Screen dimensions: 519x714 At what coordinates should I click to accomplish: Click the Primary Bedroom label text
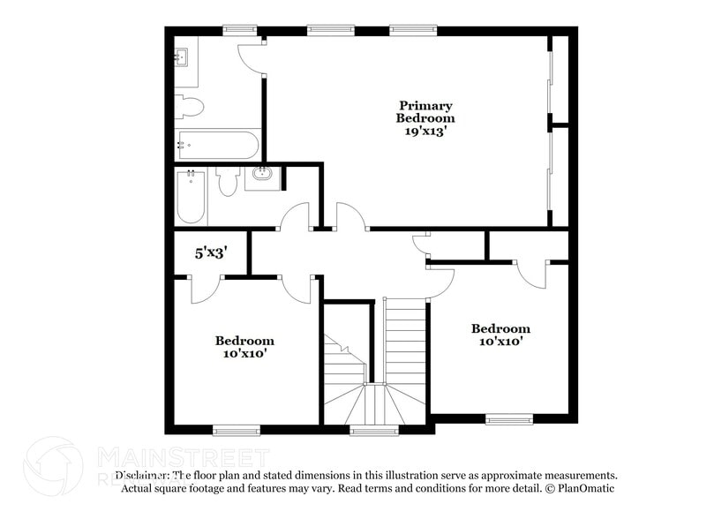pyautogui.click(x=425, y=112)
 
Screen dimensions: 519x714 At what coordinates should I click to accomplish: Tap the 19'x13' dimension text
pyautogui.click(x=425, y=130)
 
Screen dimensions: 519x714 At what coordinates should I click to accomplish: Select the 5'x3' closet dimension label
pyautogui.click(x=212, y=252)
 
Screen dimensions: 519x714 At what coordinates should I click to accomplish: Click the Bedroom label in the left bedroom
pyautogui.click(x=244, y=340)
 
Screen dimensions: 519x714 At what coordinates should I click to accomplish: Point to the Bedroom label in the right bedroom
pyautogui.click(x=500, y=328)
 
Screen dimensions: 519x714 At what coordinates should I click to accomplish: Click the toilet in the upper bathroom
pyautogui.click(x=190, y=107)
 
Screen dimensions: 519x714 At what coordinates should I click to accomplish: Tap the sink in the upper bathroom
pyautogui.click(x=184, y=58)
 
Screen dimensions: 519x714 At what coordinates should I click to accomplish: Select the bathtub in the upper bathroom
pyautogui.click(x=216, y=144)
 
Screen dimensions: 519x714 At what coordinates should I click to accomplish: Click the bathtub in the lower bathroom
pyautogui.click(x=190, y=197)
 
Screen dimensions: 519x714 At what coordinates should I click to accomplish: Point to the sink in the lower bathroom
pyautogui.click(x=261, y=174)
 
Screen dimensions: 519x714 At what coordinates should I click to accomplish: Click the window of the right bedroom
pyautogui.click(x=509, y=418)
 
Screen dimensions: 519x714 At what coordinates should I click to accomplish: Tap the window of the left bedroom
pyautogui.click(x=237, y=431)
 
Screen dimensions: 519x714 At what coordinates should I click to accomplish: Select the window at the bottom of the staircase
pyautogui.click(x=374, y=431)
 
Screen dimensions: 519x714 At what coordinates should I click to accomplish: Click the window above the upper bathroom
pyautogui.click(x=239, y=30)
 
